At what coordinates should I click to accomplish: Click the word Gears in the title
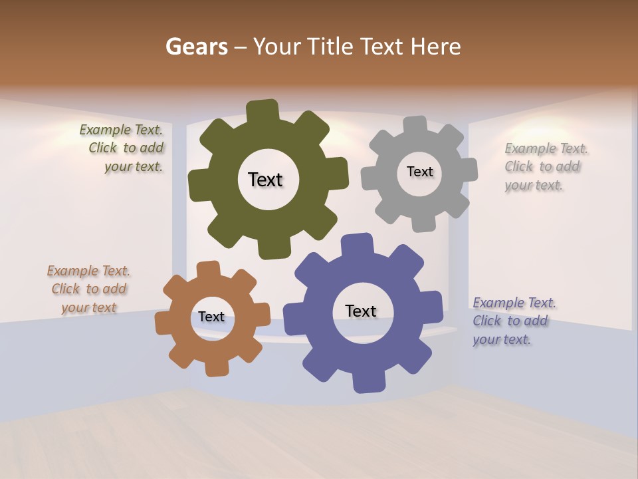click(x=196, y=47)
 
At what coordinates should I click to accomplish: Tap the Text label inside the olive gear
click(x=265, y=180)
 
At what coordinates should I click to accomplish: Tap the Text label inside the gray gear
click(x=419, y=172)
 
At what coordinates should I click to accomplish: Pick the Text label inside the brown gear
click(x=211, y=317)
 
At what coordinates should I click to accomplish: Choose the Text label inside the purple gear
click(x=361, y=311)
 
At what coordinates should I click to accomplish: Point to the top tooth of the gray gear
click(x=415, y=125)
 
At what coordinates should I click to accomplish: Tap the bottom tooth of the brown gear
click(x=217, y=368)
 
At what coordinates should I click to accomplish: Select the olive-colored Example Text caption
click(x=122, y=148)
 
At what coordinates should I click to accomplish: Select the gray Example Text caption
click(x=546, y=166)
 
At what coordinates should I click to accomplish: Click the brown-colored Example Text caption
click(x=88, y=289)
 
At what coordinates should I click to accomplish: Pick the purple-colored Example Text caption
click(x=514, y=321)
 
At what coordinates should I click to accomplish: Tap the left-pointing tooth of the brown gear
click(x=164, y=323)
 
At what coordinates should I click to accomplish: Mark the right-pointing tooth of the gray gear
click(x=468, y=169)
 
